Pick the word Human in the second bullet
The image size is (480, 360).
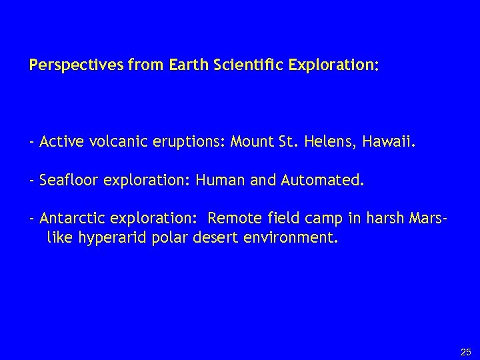click(217, 180)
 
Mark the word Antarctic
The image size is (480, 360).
click(69, 219)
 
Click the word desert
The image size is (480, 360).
click(216, 237)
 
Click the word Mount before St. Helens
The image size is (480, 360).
click(251, 141)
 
